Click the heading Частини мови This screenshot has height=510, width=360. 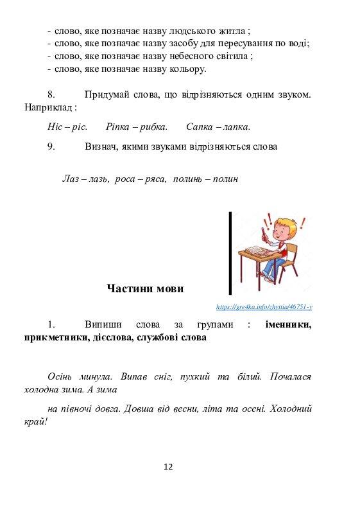(x=145, y=288)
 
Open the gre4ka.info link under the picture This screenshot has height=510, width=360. (x=264, y=308)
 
